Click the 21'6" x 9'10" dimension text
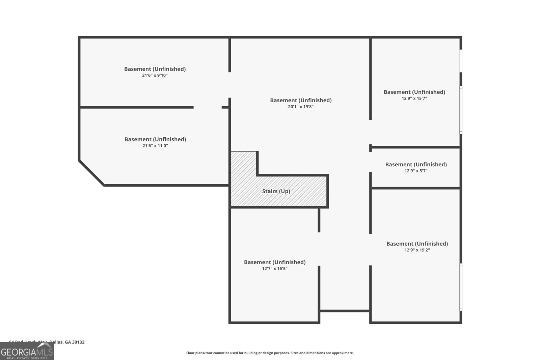point(155,75)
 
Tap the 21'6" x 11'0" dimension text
point(155,146)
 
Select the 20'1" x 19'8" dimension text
point(301,107)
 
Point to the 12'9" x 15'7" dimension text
point(414,98)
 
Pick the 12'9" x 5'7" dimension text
point(416,171)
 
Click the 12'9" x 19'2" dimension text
point(417,250)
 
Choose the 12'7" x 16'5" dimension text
point(274,269)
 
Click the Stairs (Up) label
point(276,191)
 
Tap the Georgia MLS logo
point(27,351)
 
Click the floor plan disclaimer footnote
point(270,353)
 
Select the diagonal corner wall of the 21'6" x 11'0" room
point(91,173)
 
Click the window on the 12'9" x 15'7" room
point(461,110)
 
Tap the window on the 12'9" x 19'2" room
point(461,287)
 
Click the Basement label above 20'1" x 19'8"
point(301,100)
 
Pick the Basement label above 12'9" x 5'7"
point(416,164)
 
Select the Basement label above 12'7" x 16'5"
point(274,262)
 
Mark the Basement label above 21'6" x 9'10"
point(155,69)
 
